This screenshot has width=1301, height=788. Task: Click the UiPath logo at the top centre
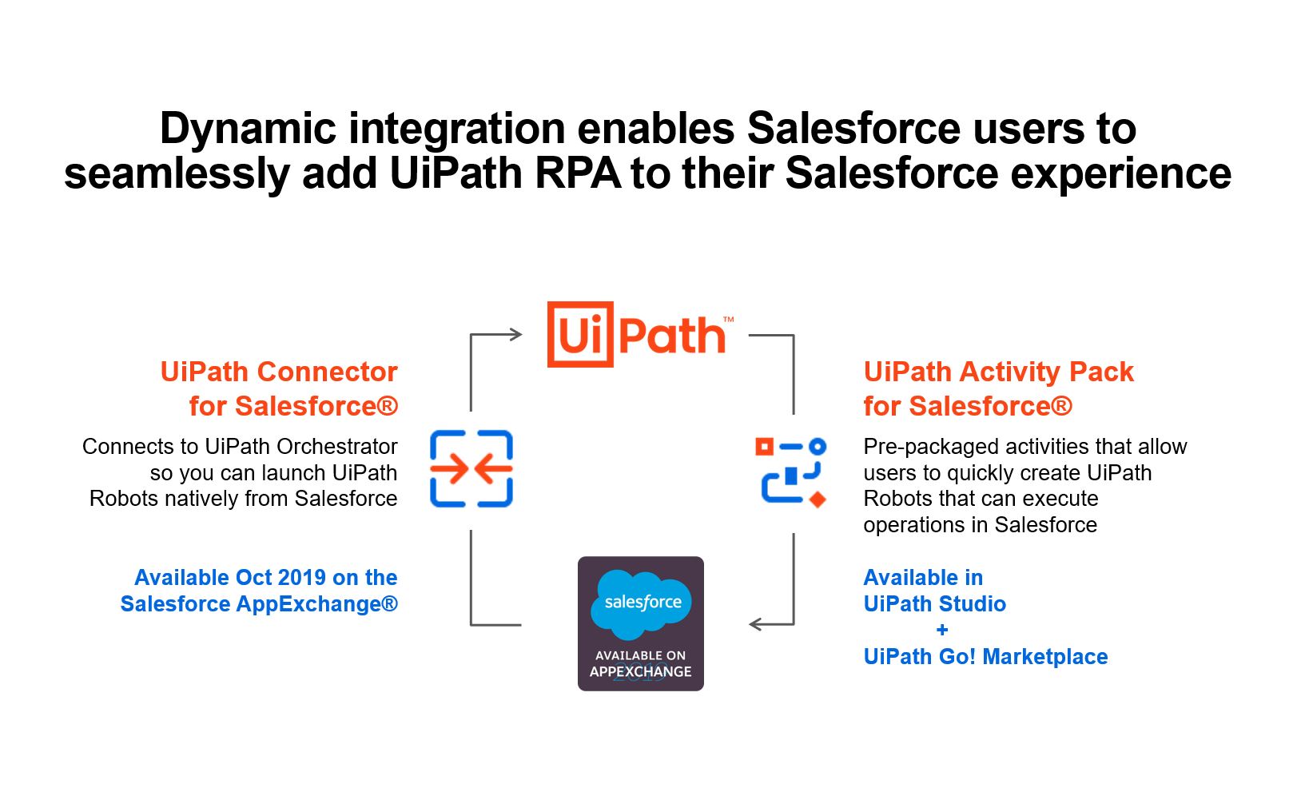[641, 334]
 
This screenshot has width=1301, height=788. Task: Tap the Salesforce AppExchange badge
[641, 623]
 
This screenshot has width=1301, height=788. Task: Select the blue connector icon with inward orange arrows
[471, 468]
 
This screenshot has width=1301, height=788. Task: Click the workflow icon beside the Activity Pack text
[791, 472]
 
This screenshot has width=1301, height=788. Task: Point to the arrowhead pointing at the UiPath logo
[515, 335]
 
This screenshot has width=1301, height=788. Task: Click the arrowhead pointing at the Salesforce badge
[756, 624]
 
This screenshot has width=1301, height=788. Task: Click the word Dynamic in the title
[248, 129]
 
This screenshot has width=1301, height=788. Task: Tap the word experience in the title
[1120, 175]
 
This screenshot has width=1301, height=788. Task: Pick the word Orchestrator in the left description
[337, 447]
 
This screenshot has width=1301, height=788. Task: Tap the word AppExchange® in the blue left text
[316, 604]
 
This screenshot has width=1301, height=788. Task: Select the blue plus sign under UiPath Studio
[942, 630]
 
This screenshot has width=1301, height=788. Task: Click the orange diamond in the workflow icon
[818, 499]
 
